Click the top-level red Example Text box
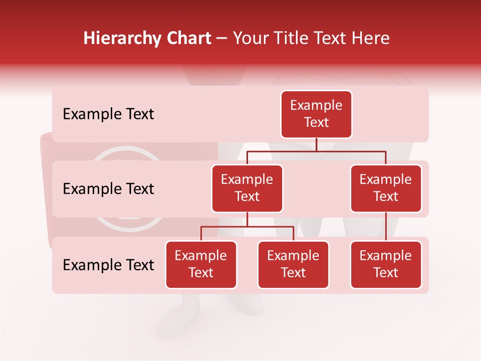316,114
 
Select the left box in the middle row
247,188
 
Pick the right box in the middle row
386,188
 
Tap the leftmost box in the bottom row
201,264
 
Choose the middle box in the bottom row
293,264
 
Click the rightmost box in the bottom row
386,264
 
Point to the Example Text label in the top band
108,114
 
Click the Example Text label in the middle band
108,189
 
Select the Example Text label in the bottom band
108,265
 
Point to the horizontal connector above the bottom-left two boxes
247,227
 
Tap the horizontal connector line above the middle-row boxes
316,151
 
